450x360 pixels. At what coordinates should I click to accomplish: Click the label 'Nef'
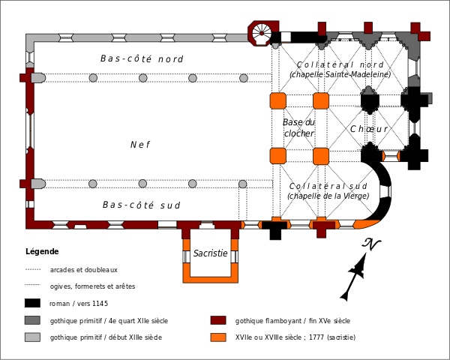click(139, 145)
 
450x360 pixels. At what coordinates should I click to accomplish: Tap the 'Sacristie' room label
click(210, 253)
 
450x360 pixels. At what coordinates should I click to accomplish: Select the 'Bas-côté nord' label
click(142, 58)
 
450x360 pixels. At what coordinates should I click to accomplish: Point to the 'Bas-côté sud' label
click(142, 205)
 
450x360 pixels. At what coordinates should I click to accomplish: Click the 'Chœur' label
click(368, 129)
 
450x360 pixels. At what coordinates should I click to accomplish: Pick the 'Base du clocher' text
click(298, 127)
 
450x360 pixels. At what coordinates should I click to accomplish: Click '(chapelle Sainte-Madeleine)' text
click(340, 74)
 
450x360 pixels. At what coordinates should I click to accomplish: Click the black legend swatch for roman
click(32, 304)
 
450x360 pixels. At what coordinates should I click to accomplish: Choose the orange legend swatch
click(218, 337)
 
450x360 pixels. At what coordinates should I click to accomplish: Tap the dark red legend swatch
click(218, 320)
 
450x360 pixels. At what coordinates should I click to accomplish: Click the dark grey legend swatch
click(32, 320)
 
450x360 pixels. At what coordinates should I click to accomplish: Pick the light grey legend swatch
click(32, 337)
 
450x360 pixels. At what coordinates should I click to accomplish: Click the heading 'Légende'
click(42, 251)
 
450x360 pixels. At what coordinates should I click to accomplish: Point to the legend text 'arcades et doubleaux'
click(83, 269)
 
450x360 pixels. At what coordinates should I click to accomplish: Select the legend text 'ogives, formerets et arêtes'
click(92, 286)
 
